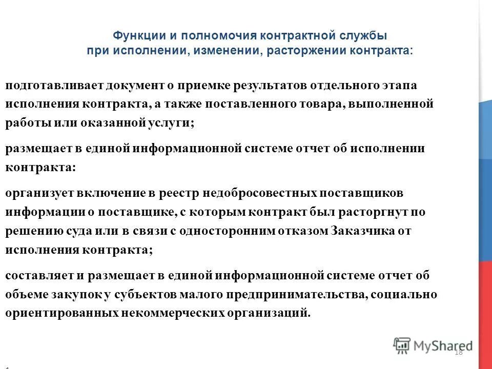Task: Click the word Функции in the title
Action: point(134,37)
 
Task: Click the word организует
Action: point(38,193)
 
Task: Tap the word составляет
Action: point(37,276)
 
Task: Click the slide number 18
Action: point(458,352)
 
